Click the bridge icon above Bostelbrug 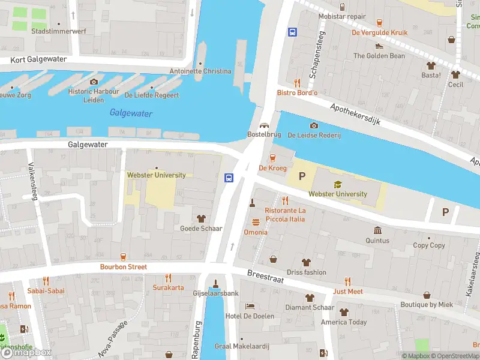pyautogui.click(x=263, y=125)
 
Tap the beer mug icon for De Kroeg pyautogui.click(x=272, y=158)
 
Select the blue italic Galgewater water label pyautogui.click(x=131, y=113)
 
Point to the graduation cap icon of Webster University pyautogui.click(x=337, y=184)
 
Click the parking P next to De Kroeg pyautogui.click(x=302, y=177)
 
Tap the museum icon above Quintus pyautogui.click(x=377, y=231)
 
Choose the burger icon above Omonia pyautogui.click(x=256, y=223)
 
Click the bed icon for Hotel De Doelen pyautogui.click(x=250, y=306)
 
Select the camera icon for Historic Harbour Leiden pyautogui.click(x=93, y=82)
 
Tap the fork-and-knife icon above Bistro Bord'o pyautogui.click(x=297, y=83)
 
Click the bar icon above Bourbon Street pyautogui.click(x=123, y=257)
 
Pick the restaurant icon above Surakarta pyautogui.click(x=168, y=278)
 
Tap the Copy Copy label pyautogui.click(x=429, y=245)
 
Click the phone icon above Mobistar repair pyautogui.click(x=342, y=7)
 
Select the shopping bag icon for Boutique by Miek pyautogui.click(x=427, y=295)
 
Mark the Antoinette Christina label pyautogui.click(x=200, y=71)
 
